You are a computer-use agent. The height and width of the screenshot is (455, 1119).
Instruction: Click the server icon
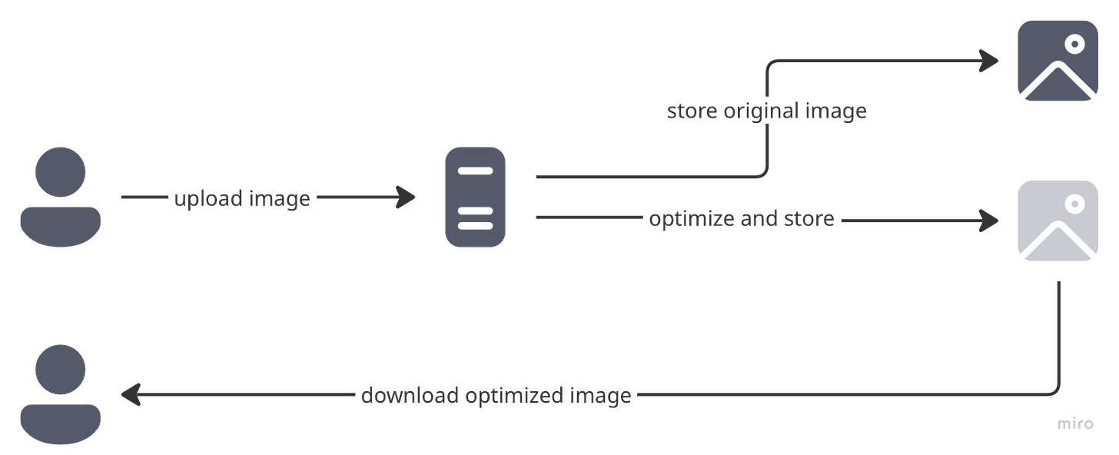(x=475, y=198)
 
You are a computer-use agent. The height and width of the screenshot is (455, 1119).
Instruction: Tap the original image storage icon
(x=1057, y=60)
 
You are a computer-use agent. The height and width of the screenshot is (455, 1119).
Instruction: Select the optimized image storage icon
(x=1058, y=221)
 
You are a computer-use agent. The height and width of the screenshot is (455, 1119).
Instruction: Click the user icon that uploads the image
(x=60, y=197)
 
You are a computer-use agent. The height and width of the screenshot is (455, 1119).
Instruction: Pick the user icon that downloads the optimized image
(x=60, y=394)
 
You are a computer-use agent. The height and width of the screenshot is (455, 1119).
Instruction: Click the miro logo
(x=1076, y=424)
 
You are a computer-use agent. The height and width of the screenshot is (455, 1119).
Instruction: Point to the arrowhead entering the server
(x=407, y=198)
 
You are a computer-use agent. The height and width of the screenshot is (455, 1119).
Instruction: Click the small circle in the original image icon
(x=1074, y=44)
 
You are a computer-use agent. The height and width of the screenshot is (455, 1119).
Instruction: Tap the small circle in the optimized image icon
(x=1074, y=204)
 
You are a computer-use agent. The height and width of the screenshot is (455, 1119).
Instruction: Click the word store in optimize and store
(x=809, y=220)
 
